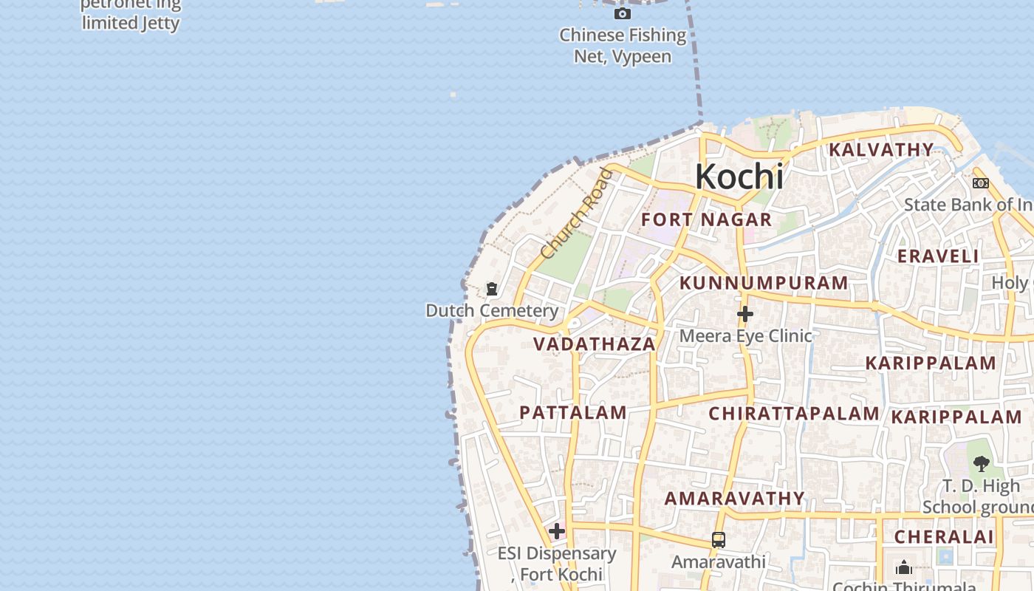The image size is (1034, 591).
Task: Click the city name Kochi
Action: coord(739,177)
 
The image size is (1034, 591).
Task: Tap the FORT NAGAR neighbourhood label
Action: coord(706,219)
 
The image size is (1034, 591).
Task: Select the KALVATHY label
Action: coord(881,150)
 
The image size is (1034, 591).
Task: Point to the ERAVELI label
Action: coord(938,256)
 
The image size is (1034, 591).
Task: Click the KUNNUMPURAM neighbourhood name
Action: coord(764,283)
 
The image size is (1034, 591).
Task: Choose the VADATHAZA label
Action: coord(595,344)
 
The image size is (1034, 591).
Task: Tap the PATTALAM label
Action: coord(573,413)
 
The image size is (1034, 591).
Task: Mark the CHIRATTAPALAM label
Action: coord(794,414)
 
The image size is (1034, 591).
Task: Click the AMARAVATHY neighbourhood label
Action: coord(734,499)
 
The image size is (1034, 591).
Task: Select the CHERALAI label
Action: coord(944,537)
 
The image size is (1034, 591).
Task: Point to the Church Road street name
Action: coord(577,214)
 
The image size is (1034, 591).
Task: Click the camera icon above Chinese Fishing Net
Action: coord(623,13)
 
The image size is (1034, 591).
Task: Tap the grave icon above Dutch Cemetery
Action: coord(492,289)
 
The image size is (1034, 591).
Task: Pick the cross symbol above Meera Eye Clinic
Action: coord(745,315)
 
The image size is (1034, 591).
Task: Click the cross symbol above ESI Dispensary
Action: coord(557,531)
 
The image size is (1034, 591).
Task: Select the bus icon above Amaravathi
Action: coord(718,540)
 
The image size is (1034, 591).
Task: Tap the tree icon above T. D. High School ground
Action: coord(981,464)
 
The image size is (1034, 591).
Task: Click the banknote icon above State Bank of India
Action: coord(980,183)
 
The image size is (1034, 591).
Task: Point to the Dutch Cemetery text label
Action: coord(492,311)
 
